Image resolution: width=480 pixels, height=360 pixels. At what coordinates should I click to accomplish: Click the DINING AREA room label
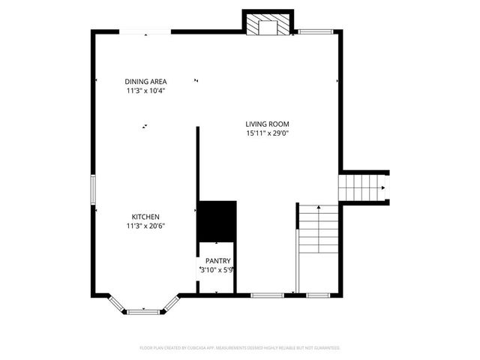(x=145, y=82)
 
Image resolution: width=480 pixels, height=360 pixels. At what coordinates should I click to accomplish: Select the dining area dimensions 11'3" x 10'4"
(x=145, y=91)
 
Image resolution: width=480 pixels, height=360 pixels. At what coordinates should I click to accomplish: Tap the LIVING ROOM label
(x=267, y=124)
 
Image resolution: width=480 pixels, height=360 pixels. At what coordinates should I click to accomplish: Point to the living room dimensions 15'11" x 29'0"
(x=267, y=133)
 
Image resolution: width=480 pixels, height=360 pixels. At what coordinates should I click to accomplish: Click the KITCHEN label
(x=145, y=217)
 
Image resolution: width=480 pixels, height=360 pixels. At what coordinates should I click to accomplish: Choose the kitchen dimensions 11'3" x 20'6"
(x=145, y=226)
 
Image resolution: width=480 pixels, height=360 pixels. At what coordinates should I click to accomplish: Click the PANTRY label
(x=218, y=261)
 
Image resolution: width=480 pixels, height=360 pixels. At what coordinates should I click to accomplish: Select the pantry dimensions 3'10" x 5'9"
(x=217, y=270)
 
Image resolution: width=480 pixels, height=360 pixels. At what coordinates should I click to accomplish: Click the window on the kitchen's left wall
(x=93, y=190)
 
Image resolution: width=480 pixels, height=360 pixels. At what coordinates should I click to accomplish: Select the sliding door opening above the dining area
(x=147, y=31)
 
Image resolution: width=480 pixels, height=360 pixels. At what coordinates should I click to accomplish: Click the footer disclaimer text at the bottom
(x=240, y=348)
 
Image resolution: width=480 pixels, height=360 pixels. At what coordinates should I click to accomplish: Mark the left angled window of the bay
(x=116, y=304)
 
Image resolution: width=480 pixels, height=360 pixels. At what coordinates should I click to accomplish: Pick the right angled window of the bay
(x=171, y=303)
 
